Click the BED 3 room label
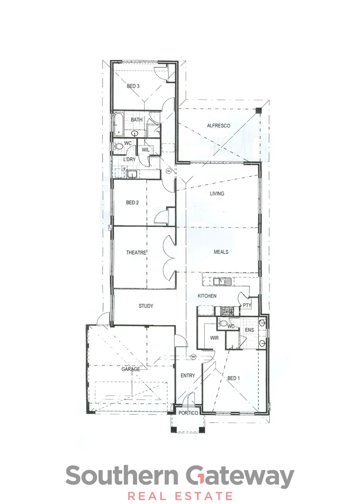pyautogui.click(x=133, y=86)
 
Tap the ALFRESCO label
pyautogui.click(x=219, y=126)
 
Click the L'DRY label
pyautogui.click(x=129, y=160)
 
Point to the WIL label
pyautogui.click(x=145, y=150)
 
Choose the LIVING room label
pyautogui.click(x=217, y=194)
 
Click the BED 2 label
pyautogui.click(x=132, y=203)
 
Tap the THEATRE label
pyautogui.click(x=136, y=252)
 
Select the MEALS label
pyautogui.click(x=221, y=252)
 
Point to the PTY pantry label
pyautogui.click(x=247, y=306)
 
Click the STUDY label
pyautogui.click(x=146, y=306)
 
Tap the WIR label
pyautogui.click(x=215, y=337)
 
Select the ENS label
pyautogui.click(x=249, y=330)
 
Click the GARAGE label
pyautogui.click(x=131, y=369)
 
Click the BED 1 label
pyautogui.click(x=233, y=378)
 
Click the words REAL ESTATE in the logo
pyautogui.click(x=180, y=496)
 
